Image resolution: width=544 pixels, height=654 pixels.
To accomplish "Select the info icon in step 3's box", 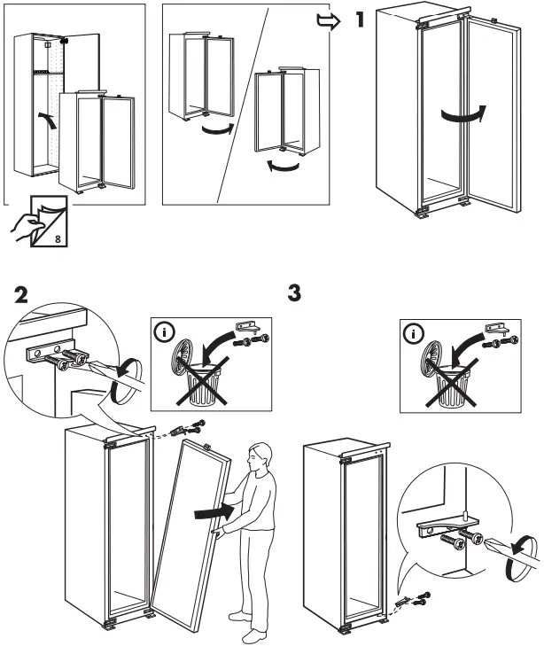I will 414,335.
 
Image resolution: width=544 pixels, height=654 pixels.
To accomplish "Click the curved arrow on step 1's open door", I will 463,116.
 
